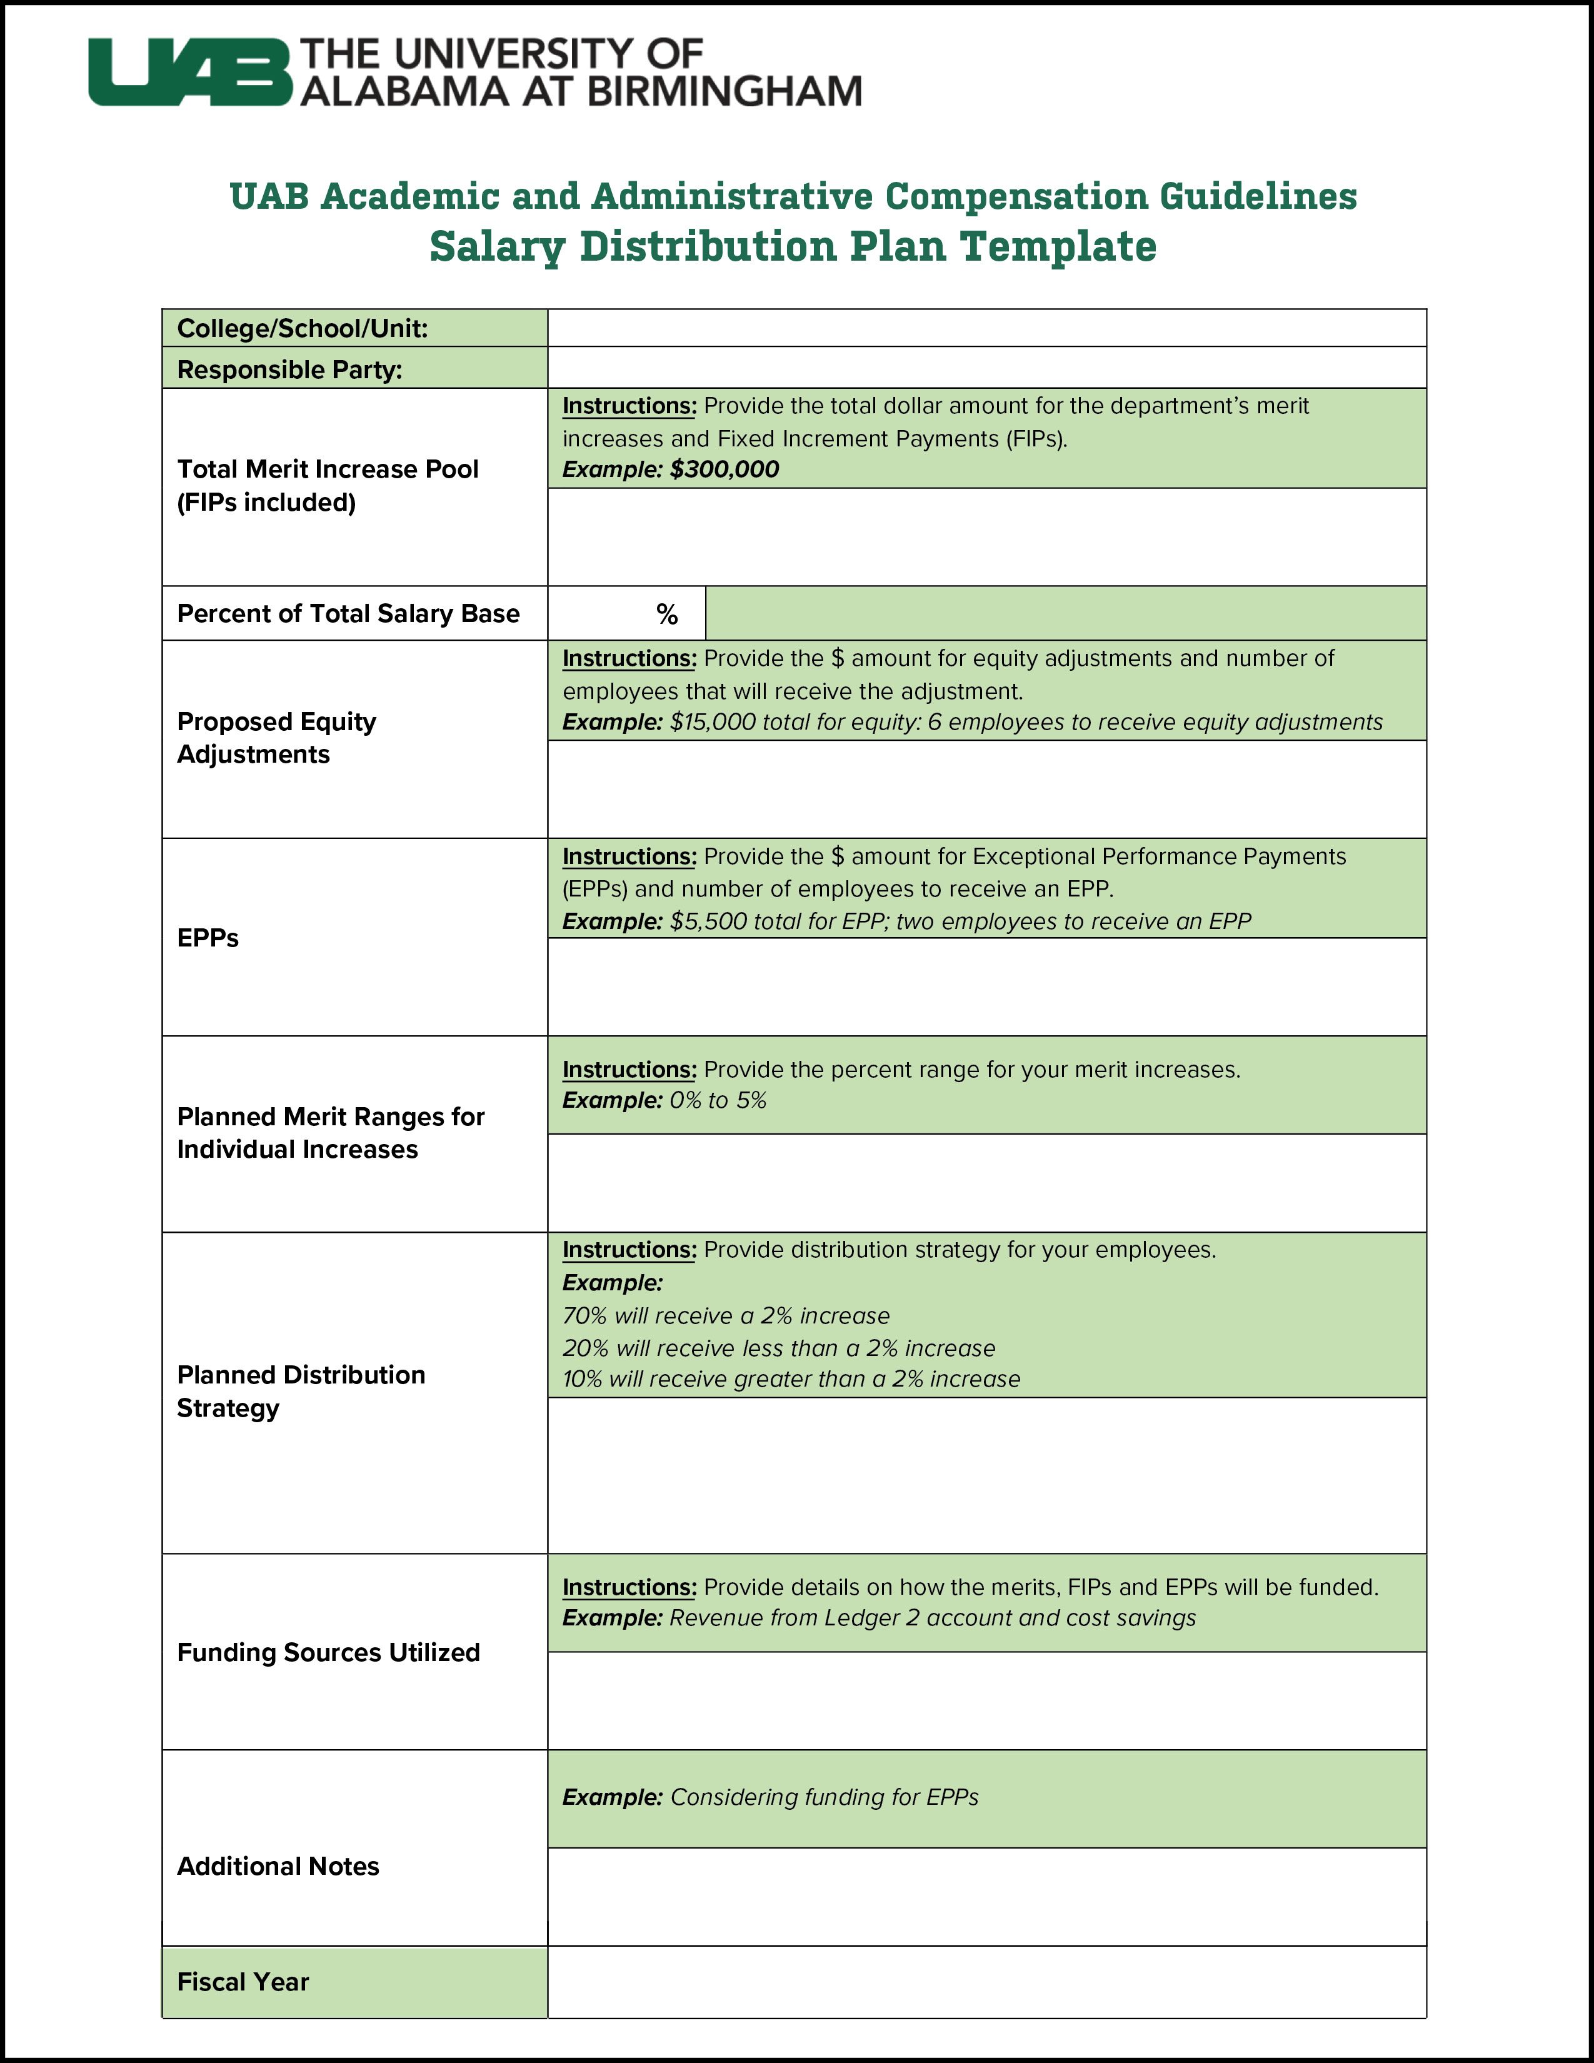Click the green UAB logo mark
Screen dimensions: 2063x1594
(189, 73)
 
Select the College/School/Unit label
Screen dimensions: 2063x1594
(302, 329)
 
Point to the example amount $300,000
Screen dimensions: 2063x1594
(724, 469)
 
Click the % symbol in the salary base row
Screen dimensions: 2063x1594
(667, 615)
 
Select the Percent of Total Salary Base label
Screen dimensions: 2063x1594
(348, 614)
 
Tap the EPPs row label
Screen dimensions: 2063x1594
(208, 938)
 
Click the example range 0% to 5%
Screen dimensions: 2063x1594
(718, 1100)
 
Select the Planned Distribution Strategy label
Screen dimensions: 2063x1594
(300, 1392)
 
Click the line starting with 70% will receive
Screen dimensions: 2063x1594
(725, 1316)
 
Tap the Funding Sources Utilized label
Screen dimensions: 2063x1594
(328, 1652)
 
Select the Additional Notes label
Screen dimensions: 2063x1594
(278, 1867)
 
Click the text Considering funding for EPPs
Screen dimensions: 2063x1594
(823, 1797)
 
